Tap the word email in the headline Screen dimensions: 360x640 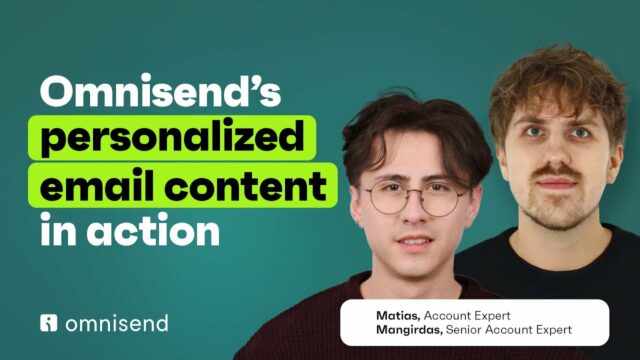click(x=96, y=187)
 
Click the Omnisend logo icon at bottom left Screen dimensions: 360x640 click(x=49, y=323)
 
